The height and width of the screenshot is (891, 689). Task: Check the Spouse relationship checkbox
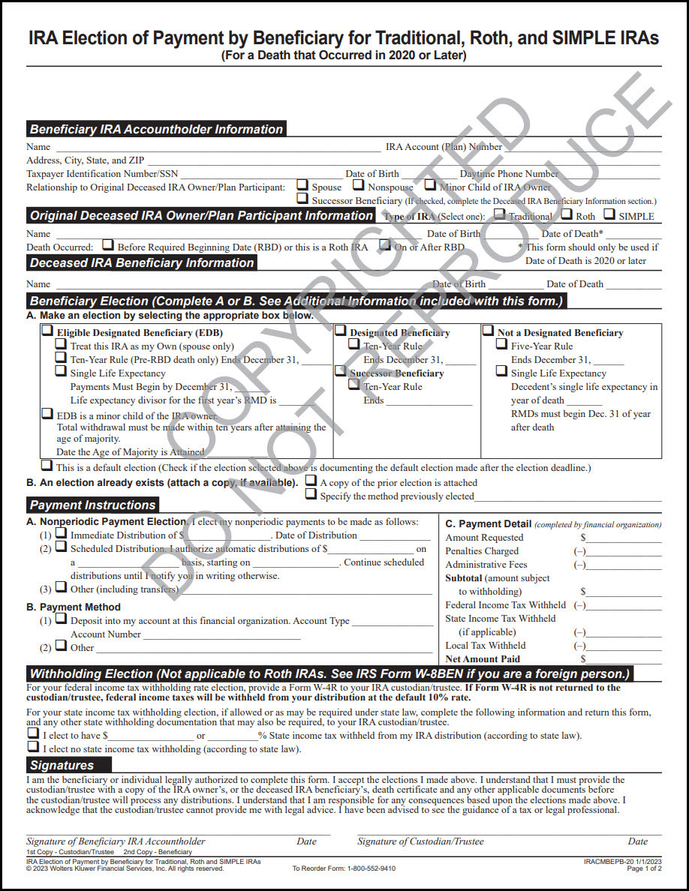click(x=302, y=184)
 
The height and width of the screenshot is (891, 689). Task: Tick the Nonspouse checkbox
click(x=359, y=184)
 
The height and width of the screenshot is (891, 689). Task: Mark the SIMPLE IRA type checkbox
click(x=609, y=214)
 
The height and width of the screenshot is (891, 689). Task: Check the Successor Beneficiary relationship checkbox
click(x=302, y=199)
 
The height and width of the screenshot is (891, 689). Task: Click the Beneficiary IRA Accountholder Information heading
click(x=156, y=129)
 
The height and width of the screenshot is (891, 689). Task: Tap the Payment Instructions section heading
click(x=92, y=505)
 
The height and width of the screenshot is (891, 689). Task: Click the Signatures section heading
click(x=62, y=765)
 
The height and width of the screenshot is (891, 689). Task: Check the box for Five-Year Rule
click(x=501, y=344)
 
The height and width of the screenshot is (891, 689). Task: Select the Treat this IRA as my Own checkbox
click(x=61, y=344)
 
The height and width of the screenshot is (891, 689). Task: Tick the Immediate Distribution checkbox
click(x=62, y=533)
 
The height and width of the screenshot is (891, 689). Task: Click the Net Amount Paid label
click(x=483, y=659)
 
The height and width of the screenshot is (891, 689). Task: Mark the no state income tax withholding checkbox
click(x=33, y=747)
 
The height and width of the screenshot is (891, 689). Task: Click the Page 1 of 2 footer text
click(x=644, y=868)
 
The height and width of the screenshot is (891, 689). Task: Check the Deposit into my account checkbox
click(x=62, y=619)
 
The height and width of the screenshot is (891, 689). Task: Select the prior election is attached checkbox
click(x=311, y=481)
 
